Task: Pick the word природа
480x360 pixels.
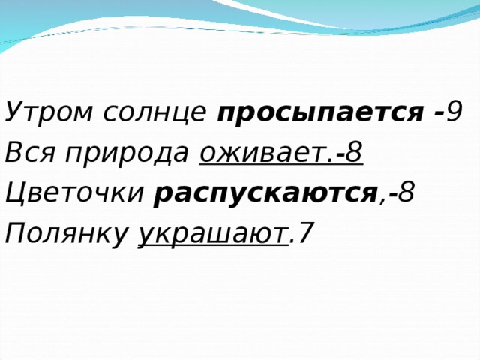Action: [x=126, y=155]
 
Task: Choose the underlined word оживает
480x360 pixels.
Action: [x=262, y=154]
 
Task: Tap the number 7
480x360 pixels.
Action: [x=304, y=235]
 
